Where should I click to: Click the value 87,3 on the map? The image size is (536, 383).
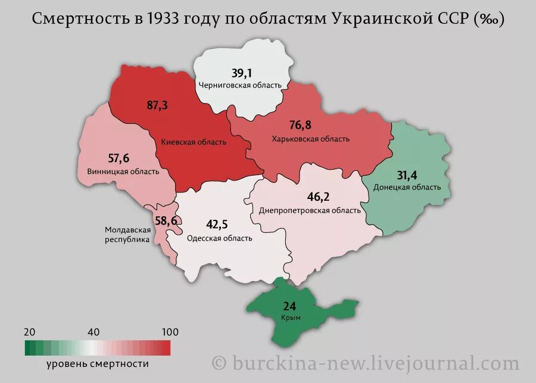click(x=157, y=105)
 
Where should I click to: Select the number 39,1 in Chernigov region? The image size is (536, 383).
click(x=242, y=73)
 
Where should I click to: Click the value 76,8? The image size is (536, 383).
click(x=300, y=125)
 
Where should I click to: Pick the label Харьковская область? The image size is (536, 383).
click(x=310, y=139)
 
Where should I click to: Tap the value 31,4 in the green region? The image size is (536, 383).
click(x=408, y=175)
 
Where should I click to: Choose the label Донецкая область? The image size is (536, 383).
click(x=407, y=187)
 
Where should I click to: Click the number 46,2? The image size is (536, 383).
click(x=318, y=197)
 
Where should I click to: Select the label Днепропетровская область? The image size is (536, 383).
click(x=310, y=210)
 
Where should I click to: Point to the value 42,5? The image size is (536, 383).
click(x=217, y=225)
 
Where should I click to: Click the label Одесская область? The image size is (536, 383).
click(x=220, y=238)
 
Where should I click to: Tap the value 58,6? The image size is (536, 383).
click(x=166, y=221)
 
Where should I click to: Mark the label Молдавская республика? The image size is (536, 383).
click(x=127, y=235)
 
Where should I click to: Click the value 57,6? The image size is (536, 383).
click(x=119, y=158)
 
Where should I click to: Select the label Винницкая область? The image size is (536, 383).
click(x=123, y=172)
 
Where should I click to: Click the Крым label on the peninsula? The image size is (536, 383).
click(x=291, y=318)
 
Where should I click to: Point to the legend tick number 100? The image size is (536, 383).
click(x=170, y=332)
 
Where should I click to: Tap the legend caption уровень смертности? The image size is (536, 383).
click(x=97, y=363)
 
